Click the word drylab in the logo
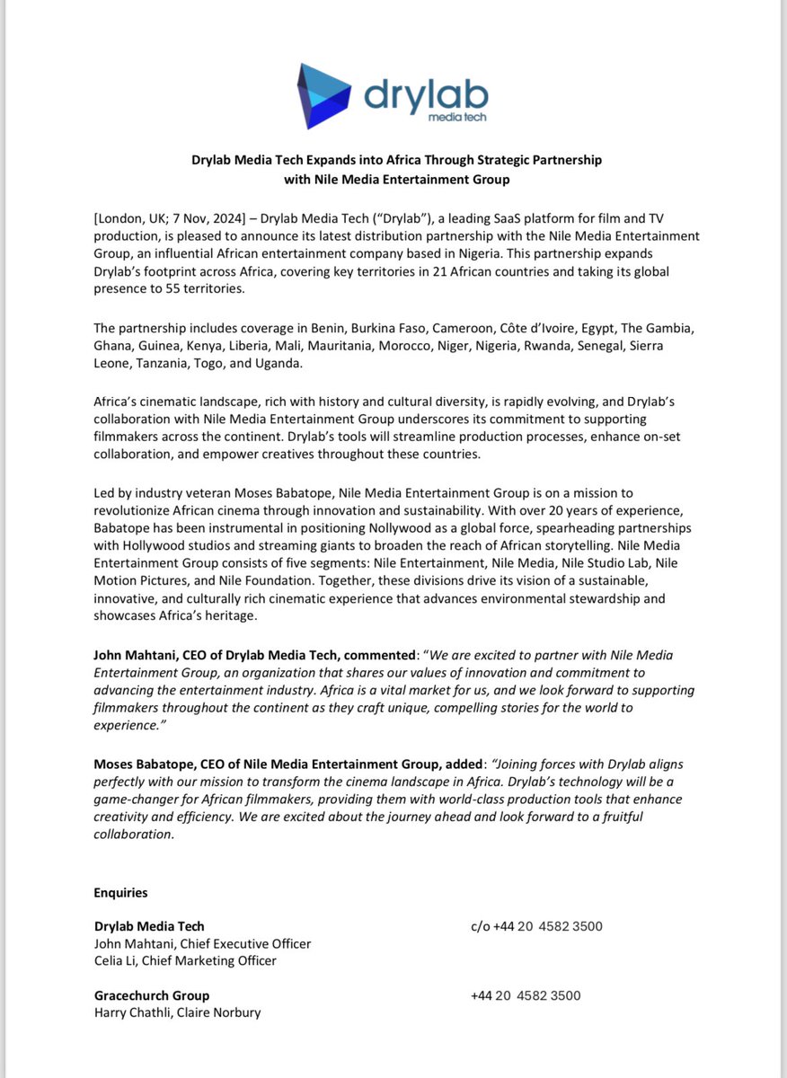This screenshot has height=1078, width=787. coord(427,93)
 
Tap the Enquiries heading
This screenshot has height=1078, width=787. coord(120,893)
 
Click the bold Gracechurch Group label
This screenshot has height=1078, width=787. coord(151,995)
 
